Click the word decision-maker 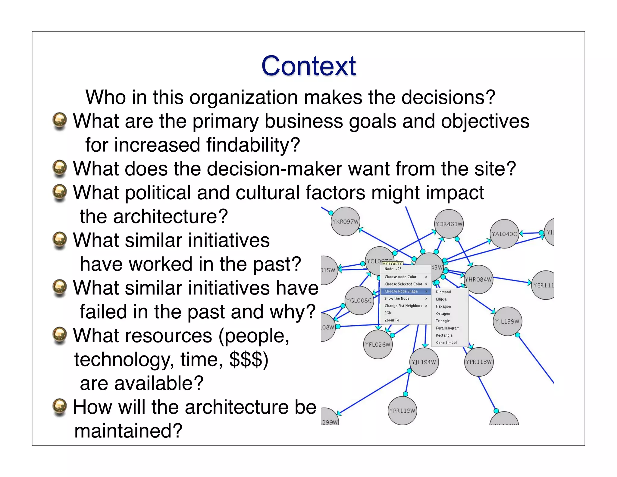click(274, 169)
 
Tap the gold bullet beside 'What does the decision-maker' click(60, 168)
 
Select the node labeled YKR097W click(345, 222)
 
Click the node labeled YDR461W click(449, 224)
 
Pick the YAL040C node click(504, 234)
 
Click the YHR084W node click(478, 280)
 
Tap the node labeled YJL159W click(507, 321)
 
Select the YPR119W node click(402, 411)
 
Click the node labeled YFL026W click(378, 344)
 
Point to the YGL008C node click(359, 300)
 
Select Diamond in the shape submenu click(443, 292)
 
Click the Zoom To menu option click(392, 320)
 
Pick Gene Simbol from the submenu click(446, 343)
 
